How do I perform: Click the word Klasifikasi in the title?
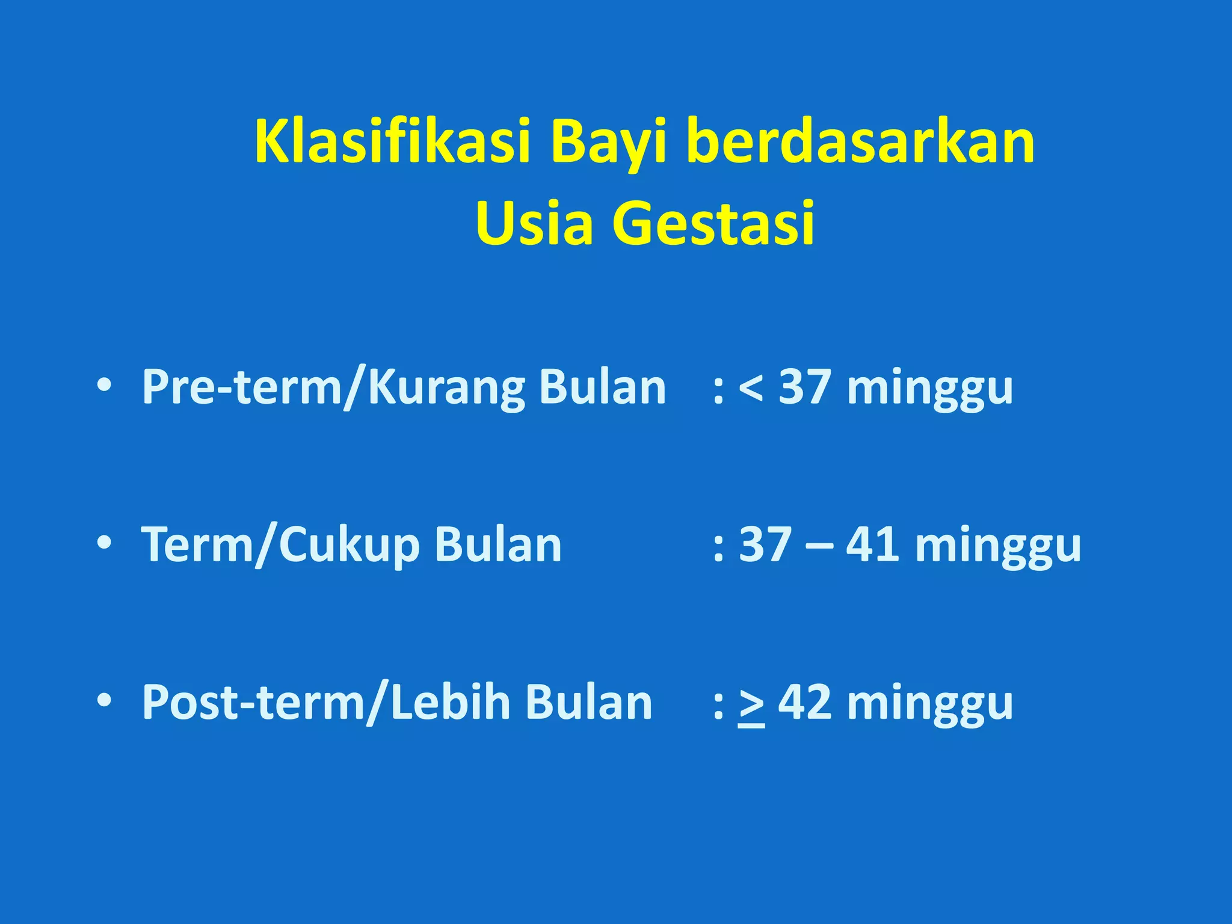tap(392, 142)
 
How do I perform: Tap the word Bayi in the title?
tap(608, 142)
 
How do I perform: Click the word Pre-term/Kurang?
tap(332, 388)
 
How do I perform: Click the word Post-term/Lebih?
tap(325, 703)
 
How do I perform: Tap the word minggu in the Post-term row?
tap(930, 705)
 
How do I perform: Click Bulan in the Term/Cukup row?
tap(498, 544)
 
